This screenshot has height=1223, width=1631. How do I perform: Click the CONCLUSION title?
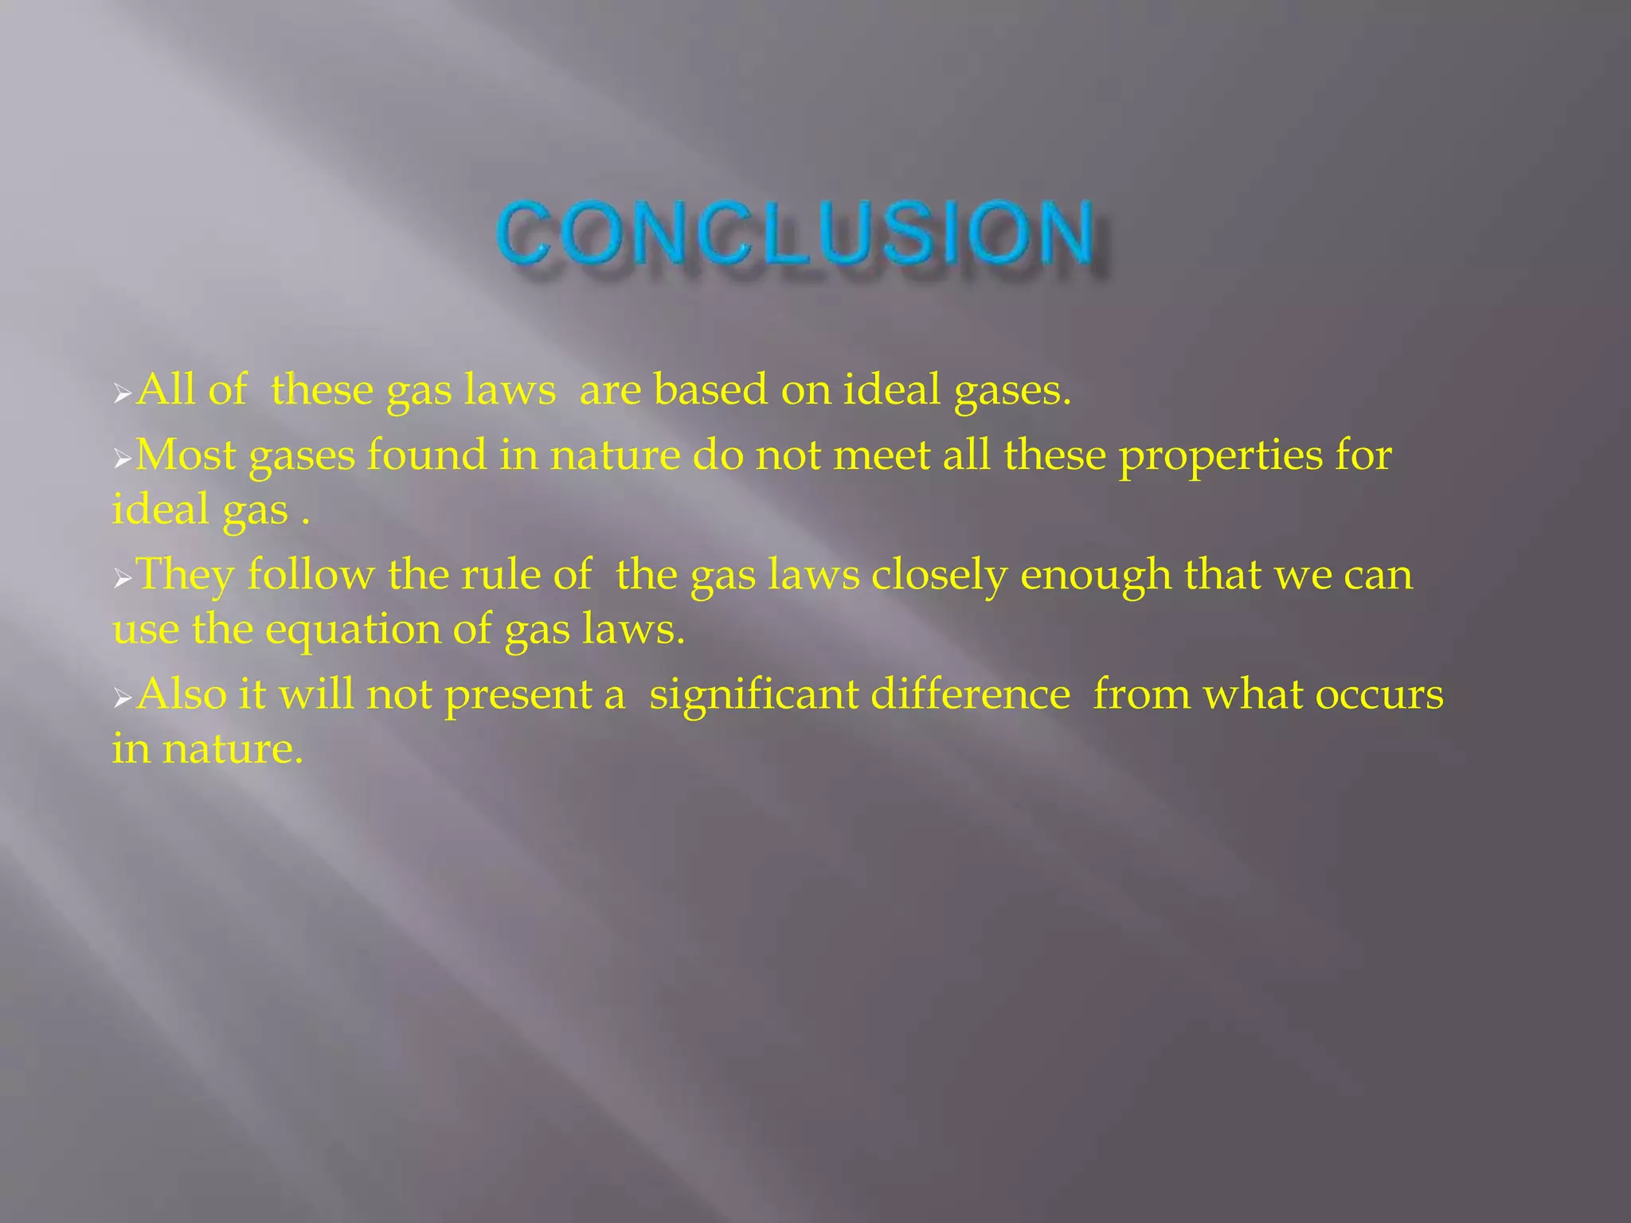coord(795,232)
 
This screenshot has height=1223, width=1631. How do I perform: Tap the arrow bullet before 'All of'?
coord(122,393)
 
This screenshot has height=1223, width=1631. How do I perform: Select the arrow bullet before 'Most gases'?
coord(122,458)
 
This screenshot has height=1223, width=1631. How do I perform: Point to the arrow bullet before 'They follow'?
coord(122,577)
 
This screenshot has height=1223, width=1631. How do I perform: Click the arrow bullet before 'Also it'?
coord(122,697)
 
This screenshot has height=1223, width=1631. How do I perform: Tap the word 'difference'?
coord(970,694)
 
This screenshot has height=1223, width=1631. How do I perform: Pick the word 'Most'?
coord(186,455)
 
